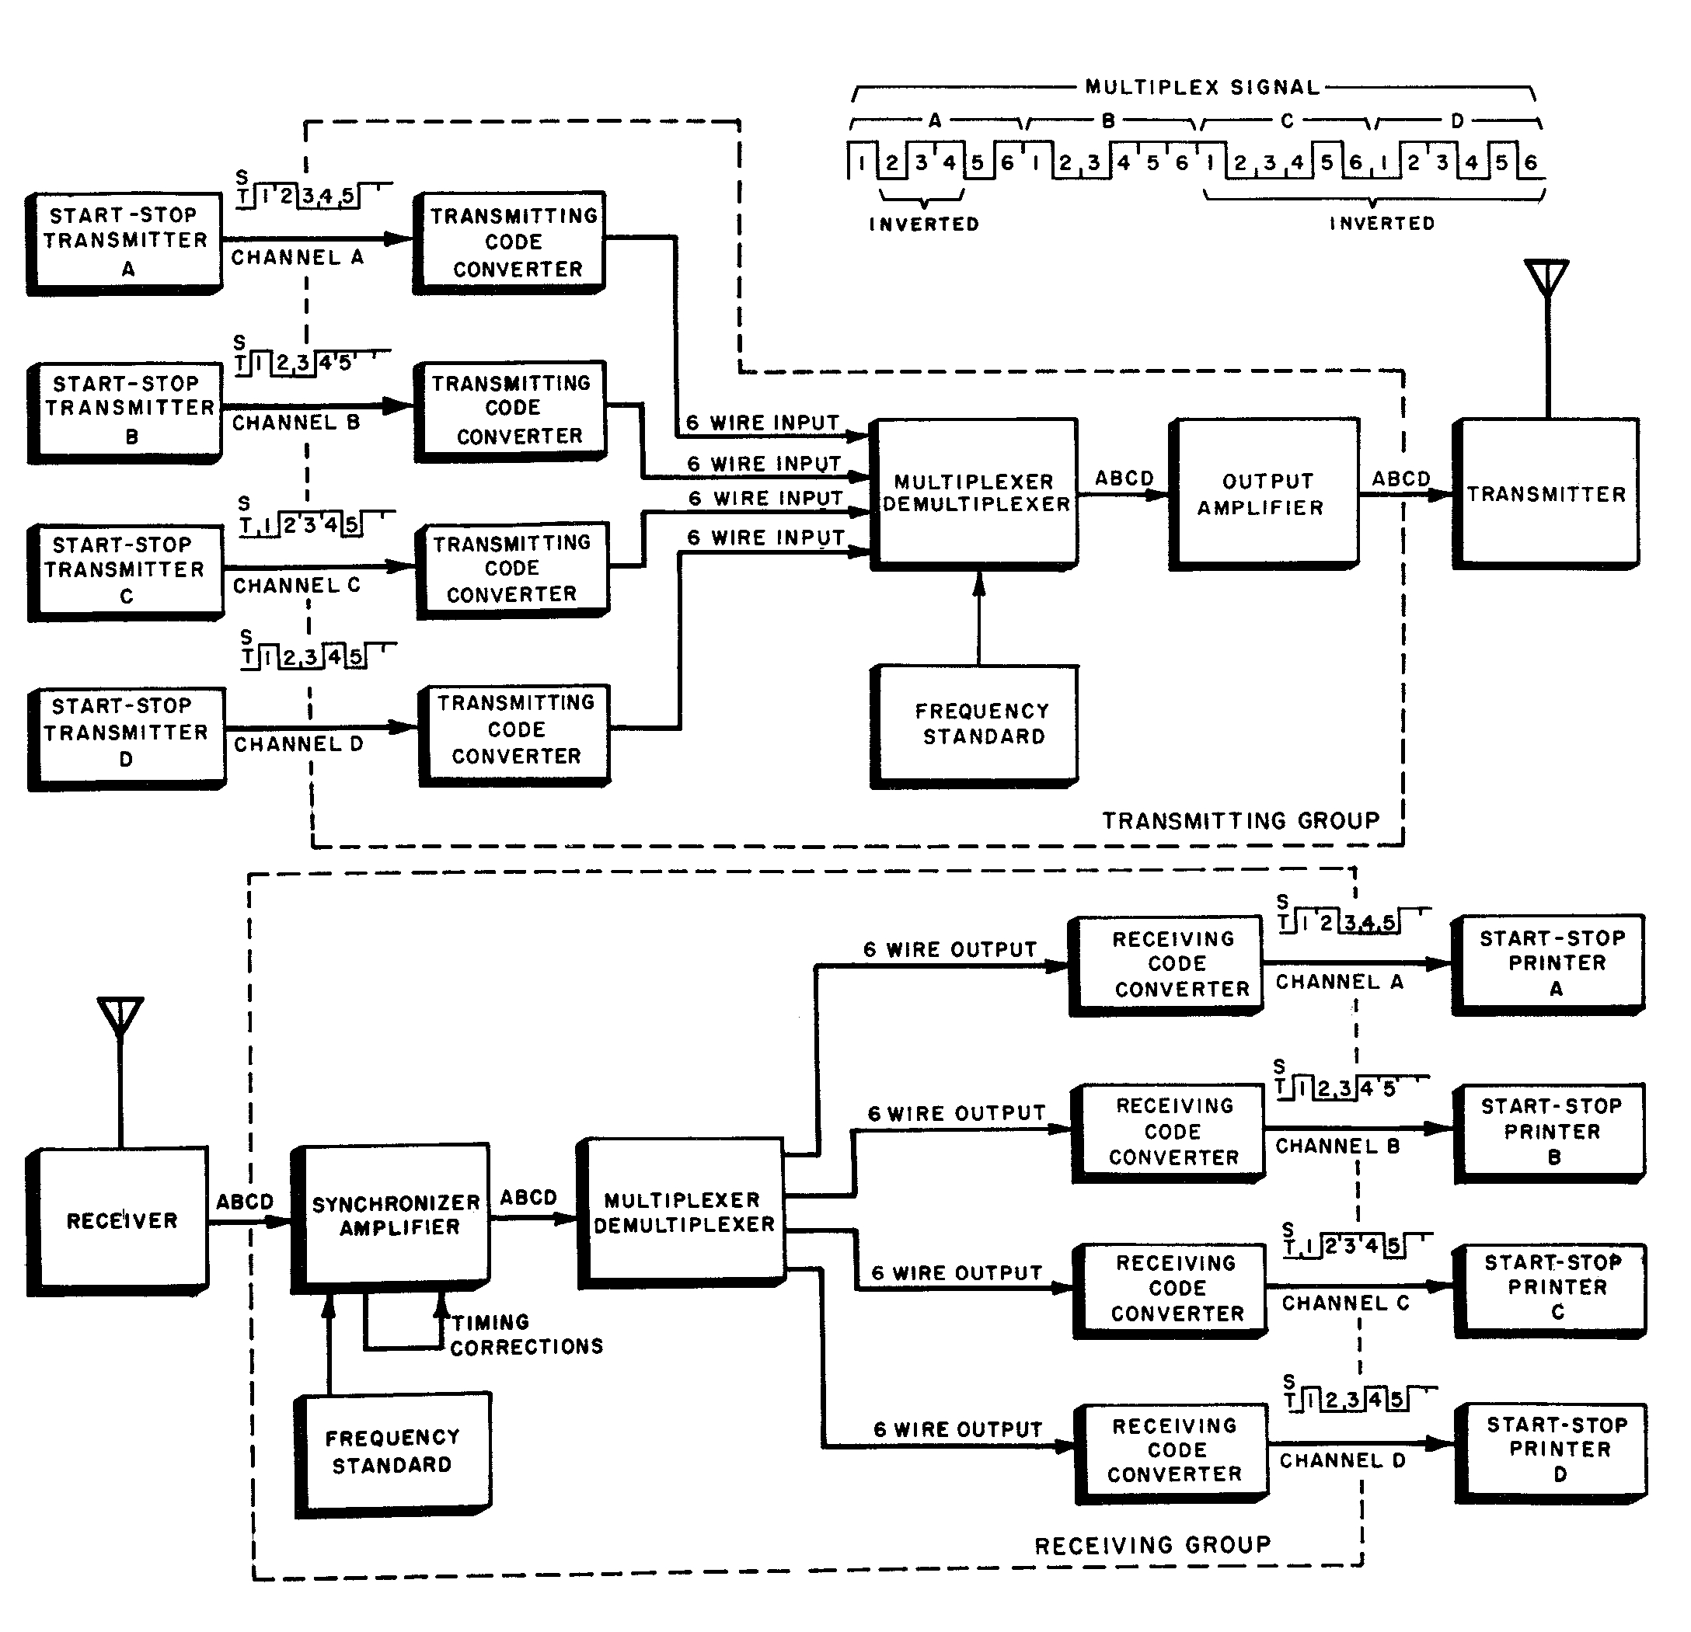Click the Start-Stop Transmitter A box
tap(125, 242)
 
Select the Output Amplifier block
tap(1263, 493)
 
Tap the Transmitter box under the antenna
tap(1546, 493)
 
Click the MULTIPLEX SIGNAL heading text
tap(1203, 87)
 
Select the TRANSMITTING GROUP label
tap(1240, 820)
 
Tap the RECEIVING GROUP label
tap(1152, 1545)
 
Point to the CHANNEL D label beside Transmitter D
tap(298, 744)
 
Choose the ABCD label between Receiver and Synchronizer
tap(244, 1202)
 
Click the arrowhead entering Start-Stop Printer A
tap(1439, 963)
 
